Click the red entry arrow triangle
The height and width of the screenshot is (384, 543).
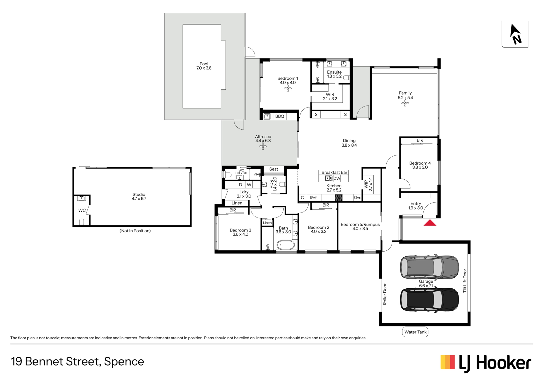430,223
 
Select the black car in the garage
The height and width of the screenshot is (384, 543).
429,300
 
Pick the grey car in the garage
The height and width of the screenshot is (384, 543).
429,267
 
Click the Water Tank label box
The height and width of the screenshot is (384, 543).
415,332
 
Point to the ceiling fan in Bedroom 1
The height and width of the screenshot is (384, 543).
288,89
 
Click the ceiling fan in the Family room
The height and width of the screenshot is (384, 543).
405,104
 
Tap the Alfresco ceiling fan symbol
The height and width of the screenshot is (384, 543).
263,146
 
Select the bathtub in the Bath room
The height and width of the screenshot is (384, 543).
285,245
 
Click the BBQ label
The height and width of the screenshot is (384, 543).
280,116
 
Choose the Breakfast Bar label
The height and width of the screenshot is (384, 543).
334,172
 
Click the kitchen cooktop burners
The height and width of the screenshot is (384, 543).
339,198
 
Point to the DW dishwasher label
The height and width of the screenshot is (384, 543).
337,178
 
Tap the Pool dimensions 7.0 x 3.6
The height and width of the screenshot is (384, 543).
204,68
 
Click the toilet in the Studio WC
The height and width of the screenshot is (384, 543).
82,222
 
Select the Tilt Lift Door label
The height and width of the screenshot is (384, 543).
465,281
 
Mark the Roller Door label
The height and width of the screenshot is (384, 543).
385,294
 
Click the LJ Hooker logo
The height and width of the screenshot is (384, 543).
486,363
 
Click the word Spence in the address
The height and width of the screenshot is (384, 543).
124,362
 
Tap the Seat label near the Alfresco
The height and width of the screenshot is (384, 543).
274,169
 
